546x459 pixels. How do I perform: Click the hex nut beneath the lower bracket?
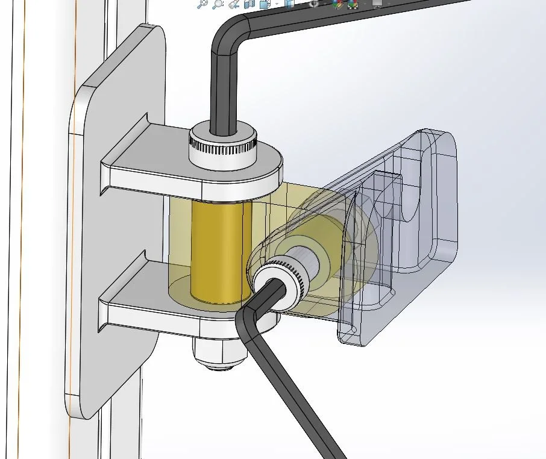(x=219, y=352)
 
